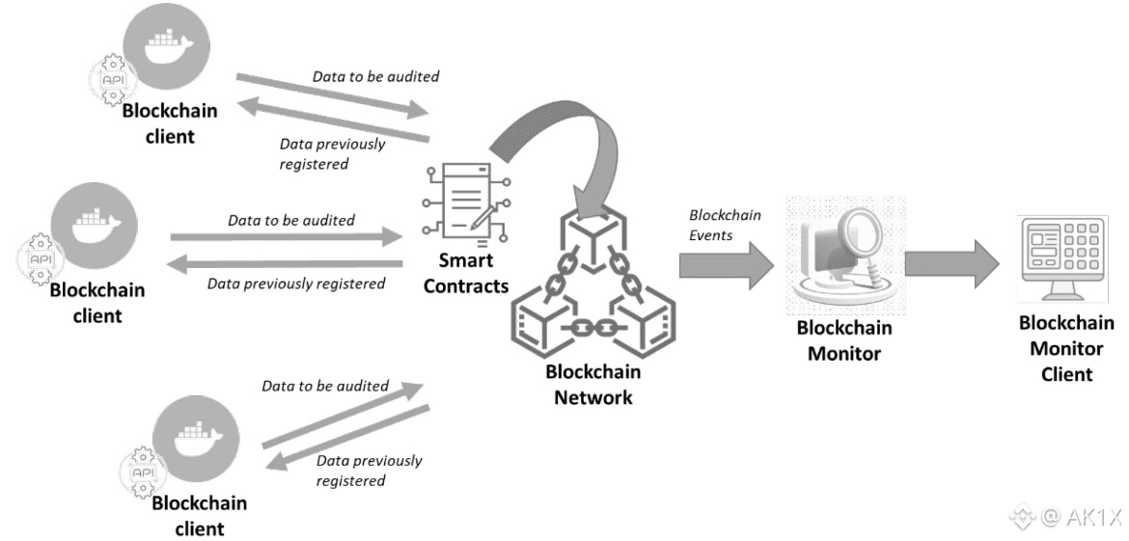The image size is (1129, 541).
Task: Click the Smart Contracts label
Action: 466,274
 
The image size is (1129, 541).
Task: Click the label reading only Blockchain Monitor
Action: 844,340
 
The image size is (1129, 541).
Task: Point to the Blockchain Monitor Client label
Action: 1066,348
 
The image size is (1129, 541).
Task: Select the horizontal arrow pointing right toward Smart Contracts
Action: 286,236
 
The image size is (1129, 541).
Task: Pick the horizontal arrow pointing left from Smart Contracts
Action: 286,264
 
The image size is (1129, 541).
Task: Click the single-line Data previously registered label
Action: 297,284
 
